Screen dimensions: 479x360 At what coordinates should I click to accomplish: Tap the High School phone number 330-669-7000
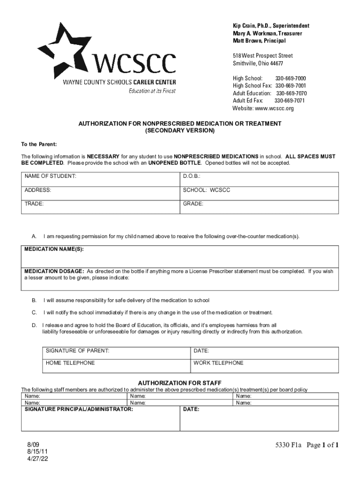290,78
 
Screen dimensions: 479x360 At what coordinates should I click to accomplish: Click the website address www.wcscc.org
274,108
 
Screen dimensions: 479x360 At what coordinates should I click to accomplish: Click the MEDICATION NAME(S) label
54,249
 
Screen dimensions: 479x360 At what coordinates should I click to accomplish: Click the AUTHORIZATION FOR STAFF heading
180,383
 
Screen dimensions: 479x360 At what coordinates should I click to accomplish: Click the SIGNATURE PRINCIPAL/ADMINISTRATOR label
79,409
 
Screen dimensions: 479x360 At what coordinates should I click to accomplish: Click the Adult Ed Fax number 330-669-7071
289,101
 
